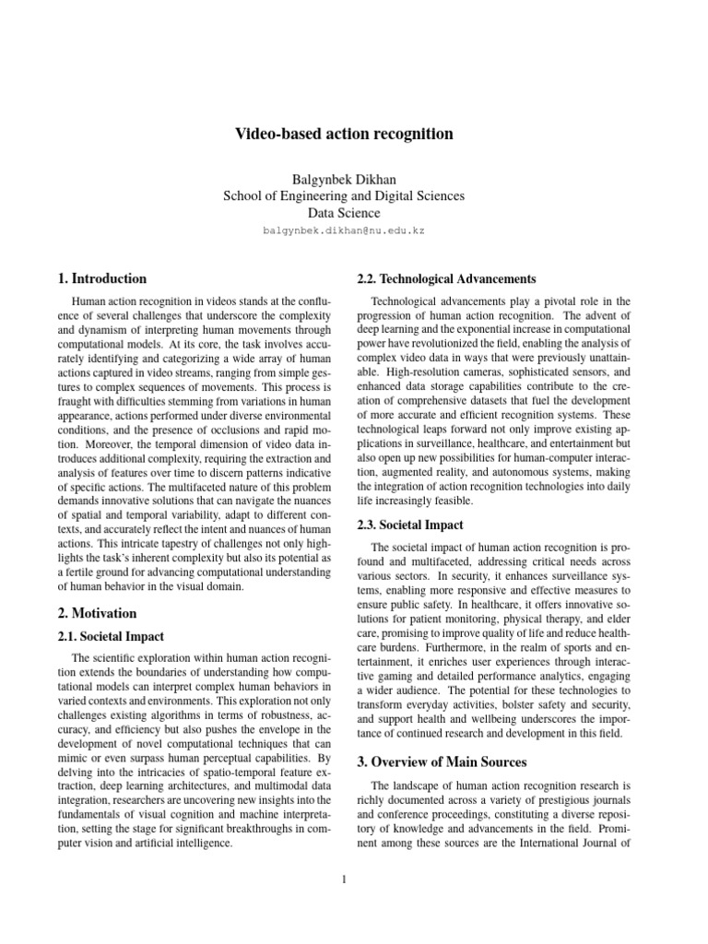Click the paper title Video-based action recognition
pos(345,135)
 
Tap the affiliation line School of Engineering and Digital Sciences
pos(345,195)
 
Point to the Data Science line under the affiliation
pos(345,213)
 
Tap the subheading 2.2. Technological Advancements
pos(433,278)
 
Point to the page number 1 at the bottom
pos(344,879)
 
